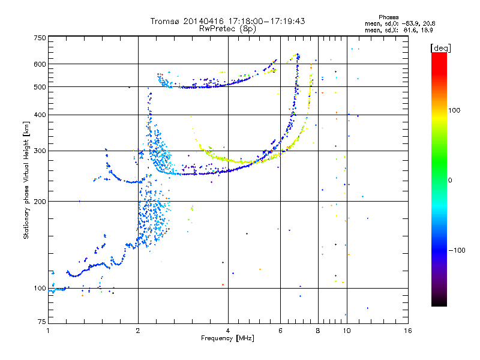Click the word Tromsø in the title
[165, 21]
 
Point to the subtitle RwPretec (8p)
[227, 29]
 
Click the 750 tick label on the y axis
[40, 38]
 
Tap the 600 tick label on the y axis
[40, 64]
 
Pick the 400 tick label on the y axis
[40, 115]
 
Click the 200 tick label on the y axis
[40, 202]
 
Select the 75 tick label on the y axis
[42, 322]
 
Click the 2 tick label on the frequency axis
[138, 331]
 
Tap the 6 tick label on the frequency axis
[280, 331]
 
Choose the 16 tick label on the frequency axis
[408, 331]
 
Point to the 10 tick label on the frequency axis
[347, 331]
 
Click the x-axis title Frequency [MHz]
[227, 338]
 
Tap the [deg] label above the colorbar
[440, 48]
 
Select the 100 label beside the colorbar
[454, 110]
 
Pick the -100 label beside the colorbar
[457, 250]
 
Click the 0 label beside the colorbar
[450, 181]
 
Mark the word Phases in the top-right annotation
[388, 17]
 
